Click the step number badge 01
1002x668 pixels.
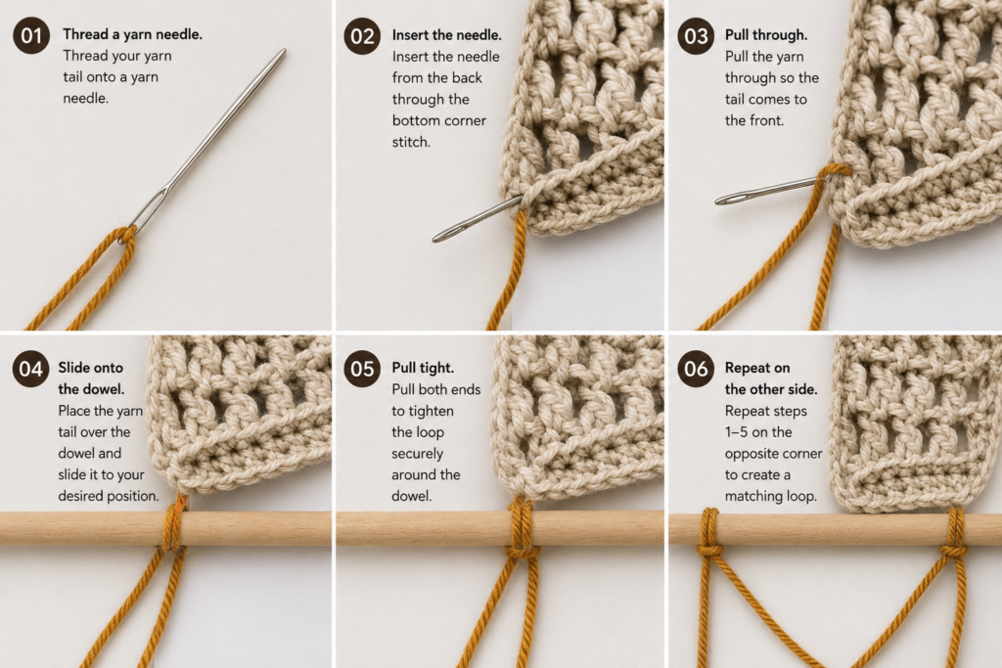click(x=30, y=36)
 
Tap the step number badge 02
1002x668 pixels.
click(x=362, y=36)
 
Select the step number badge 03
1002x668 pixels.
click(x=696, y=36)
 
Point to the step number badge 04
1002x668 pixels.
click(x=30, y=369)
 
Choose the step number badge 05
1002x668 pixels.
click(x=362, y=369)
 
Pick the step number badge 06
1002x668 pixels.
click(x=696, y=369)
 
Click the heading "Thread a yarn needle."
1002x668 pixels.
click(x=132, y=34)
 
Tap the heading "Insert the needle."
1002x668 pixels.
click(x=446, y=35)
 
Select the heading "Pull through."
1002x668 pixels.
click(x=765, y=35)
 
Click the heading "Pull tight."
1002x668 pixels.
click(x=423, y=368)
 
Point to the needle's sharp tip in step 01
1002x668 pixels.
click(x=284, y=51)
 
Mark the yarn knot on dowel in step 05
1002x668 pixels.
click(x=523, y=548)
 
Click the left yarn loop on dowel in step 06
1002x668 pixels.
click(x=709, y=531)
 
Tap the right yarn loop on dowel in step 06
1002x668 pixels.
click(x=955, y=533)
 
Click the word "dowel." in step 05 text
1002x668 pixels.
click(x=412, y=496)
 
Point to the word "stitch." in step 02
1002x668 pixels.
click(x=411, y=142)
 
